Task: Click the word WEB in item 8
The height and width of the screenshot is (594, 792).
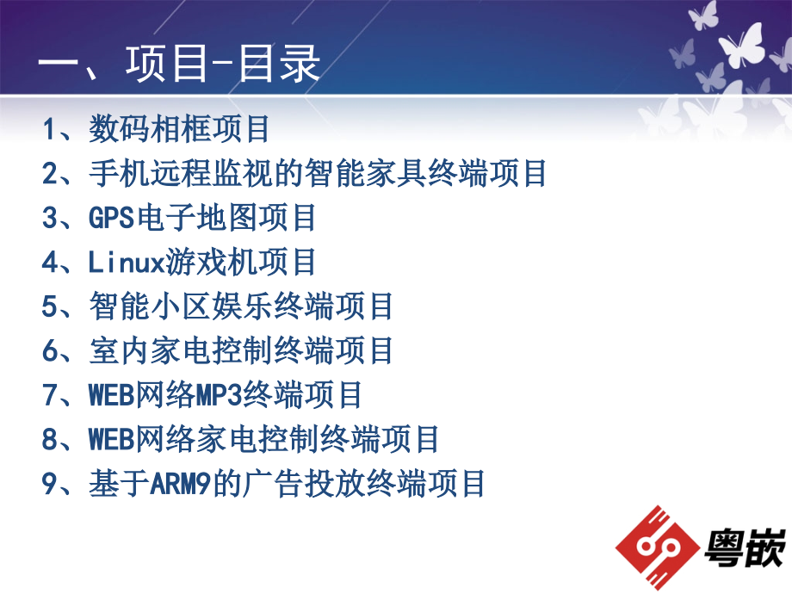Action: click(x=111, y=440)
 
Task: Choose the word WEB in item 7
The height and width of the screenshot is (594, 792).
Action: click(x=111, y=395)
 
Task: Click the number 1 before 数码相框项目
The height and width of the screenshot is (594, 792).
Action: click(x=49, y=129)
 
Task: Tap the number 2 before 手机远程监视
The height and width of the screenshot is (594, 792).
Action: click(x=50, y=174)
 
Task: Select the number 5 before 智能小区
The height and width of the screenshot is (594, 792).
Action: click(x=50, y=306)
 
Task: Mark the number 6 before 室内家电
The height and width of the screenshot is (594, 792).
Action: click(x=50, y=351)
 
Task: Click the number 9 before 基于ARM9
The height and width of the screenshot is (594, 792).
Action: click(x=50, y=484)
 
